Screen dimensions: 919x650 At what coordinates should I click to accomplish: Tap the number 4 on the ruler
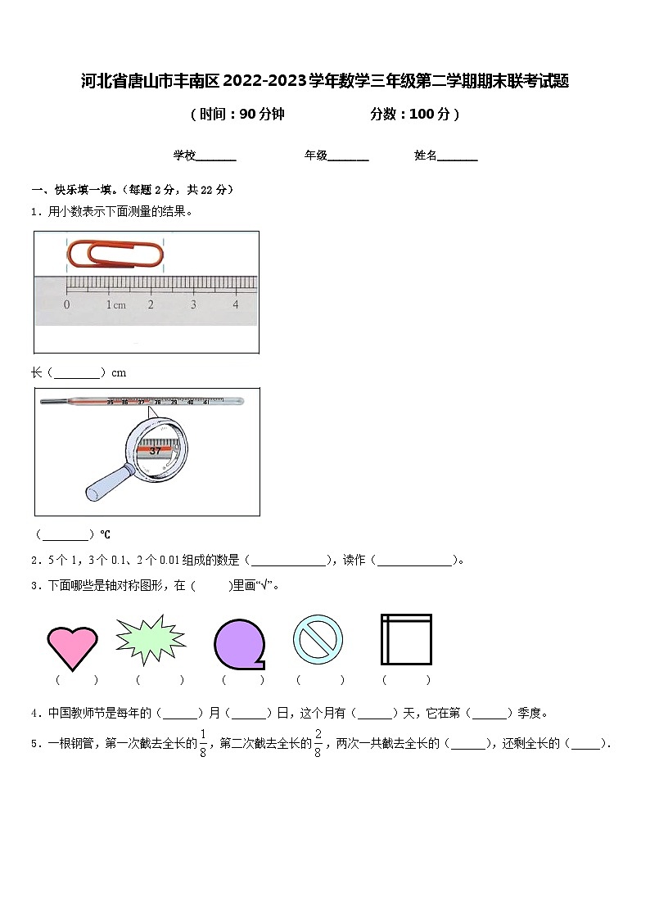(236, 304)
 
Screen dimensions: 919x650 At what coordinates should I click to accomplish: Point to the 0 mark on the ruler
(66, 304)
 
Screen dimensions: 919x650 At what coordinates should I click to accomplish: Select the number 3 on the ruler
(193, 304)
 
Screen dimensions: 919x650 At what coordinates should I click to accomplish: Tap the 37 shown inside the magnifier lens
(156, 451)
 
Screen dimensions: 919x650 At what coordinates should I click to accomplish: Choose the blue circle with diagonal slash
(318, 639)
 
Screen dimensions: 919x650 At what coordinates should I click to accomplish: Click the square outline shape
(406, 639)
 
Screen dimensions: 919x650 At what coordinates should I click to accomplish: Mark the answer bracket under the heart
(76, 680)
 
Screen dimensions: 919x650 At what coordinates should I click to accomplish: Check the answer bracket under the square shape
(406, 680)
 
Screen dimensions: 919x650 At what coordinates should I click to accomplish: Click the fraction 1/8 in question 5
(203, 743)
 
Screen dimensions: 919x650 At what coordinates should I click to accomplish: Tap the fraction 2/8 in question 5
(318, 743)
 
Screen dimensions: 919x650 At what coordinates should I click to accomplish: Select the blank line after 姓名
(458, 156)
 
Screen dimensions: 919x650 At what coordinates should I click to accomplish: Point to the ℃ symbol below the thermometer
(105, 535)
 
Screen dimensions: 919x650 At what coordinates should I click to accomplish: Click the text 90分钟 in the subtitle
(262, 115)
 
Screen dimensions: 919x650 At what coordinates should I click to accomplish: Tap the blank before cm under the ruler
(79, 373)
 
